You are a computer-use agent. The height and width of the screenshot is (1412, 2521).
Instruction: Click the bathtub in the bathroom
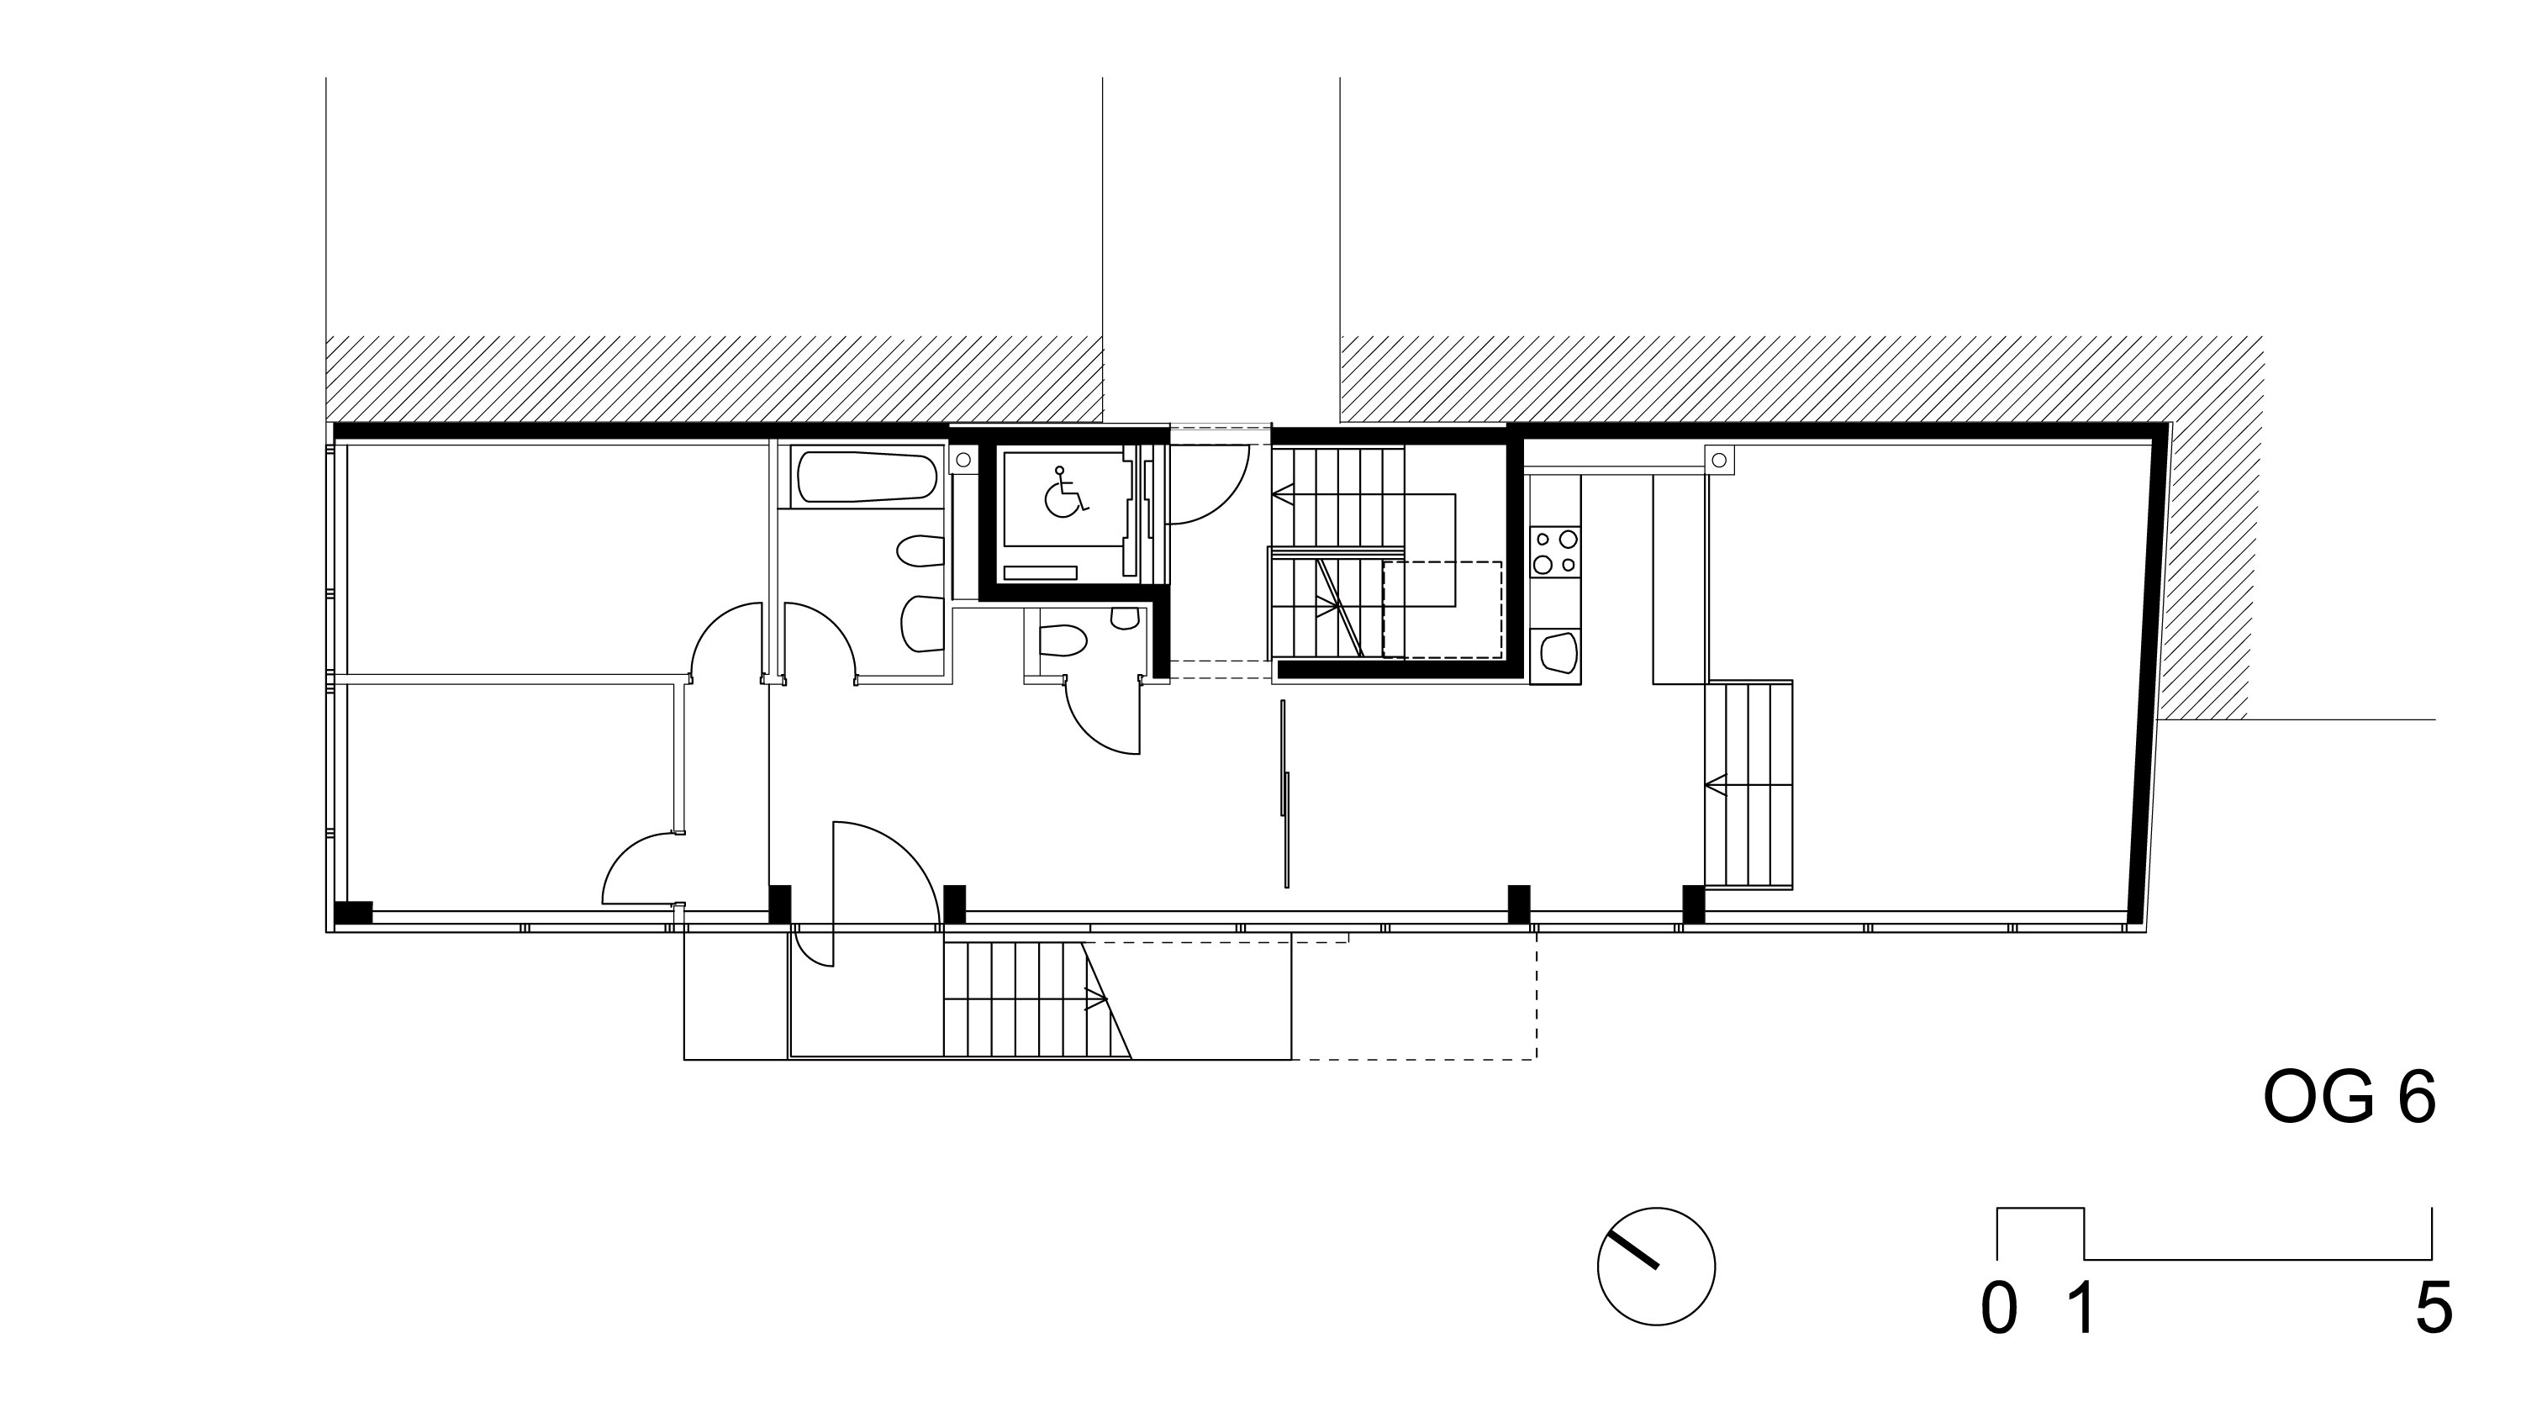coord(867,477)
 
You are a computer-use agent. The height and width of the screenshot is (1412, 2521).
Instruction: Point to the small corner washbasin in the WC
coord(1126,618)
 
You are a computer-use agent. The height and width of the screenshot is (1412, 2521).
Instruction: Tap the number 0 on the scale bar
coord(1999,1309)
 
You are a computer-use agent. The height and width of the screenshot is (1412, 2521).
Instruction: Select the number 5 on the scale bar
coord(2434,1309)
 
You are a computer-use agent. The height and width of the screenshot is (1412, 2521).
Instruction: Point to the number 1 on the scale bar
coord(2081,1309)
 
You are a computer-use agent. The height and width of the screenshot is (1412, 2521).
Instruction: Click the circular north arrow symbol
coord(1656,1267)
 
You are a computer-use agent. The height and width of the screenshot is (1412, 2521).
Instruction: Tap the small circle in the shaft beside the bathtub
coord(963,459)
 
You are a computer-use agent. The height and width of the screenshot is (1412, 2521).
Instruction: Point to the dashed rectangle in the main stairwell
coord(1442,609)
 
